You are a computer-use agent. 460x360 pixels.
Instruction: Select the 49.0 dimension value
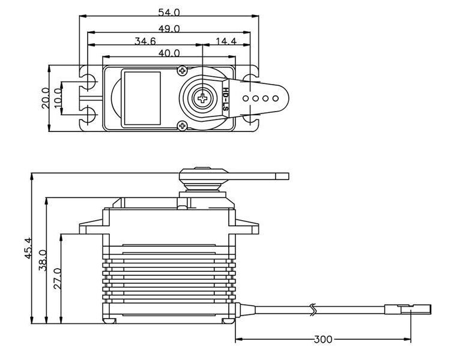(x=169, y=28)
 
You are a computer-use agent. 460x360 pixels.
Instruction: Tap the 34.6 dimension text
(x=145, y=41)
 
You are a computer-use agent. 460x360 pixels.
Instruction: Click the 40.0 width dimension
(x=169, y=53)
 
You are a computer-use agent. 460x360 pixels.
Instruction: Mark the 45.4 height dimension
(x=28, y=248)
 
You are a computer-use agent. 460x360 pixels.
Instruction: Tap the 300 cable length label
(x=322, y=340)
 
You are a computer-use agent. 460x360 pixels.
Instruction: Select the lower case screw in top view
(x=182, y=125)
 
